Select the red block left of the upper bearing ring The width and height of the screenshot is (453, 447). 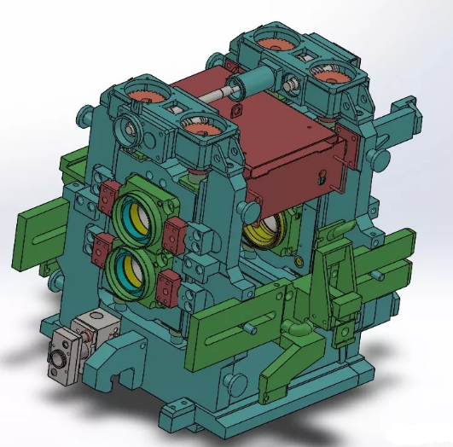point(107,198)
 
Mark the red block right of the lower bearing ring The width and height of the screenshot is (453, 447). point(167,290)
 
